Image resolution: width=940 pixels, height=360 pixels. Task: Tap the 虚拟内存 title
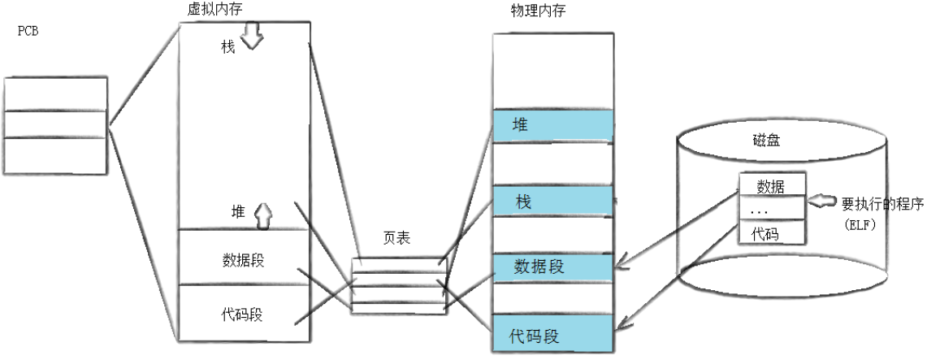click(214, 8)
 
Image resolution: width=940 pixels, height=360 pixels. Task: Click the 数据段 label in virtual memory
click(243, 260)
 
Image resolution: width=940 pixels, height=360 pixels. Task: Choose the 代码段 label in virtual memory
click(243, 314)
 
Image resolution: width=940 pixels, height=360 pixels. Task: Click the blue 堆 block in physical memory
click(552, 125)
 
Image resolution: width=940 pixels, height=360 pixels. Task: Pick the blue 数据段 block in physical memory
click(552, 267)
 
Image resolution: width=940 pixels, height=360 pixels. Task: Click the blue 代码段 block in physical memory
click(552, 335)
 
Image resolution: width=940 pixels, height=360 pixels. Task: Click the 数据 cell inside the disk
click(771, 186)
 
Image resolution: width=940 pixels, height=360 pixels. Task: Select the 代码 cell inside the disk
click(771, 233)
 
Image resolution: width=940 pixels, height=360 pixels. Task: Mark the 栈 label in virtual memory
click(228, 47)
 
